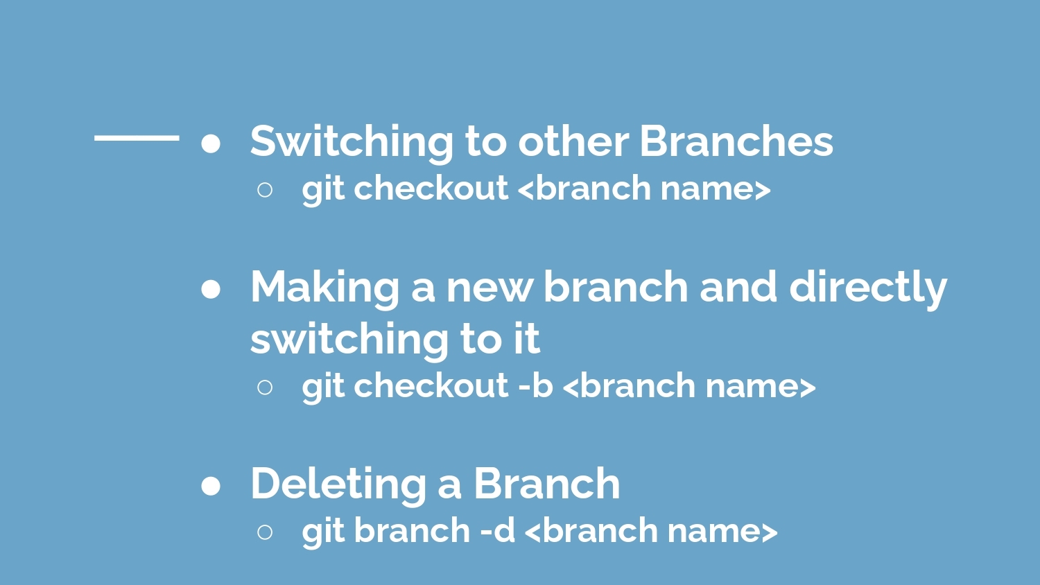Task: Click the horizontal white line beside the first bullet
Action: coord(137,137)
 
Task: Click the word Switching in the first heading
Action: coord(352,143)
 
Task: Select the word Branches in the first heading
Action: coord(737,141)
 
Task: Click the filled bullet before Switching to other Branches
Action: coord(211,143)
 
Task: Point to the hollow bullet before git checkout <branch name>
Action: coord(265,189)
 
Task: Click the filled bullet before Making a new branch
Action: coord(211,289)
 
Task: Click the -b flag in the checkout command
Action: coord(535,385)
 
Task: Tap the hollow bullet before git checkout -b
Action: coord(265,387)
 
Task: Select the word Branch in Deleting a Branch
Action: coord(547,483)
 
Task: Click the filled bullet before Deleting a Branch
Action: coord(211,486)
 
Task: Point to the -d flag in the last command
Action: coord(498,530)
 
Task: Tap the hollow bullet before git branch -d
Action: coord(265,532)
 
